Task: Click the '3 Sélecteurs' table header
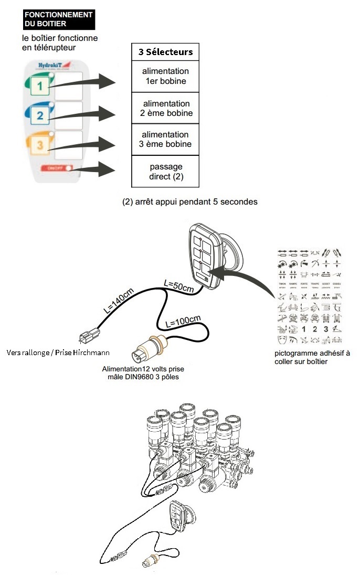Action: [x=165, y=52]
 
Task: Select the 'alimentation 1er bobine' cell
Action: [x=165, y=76]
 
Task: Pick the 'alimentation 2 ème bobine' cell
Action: [x=165, y=108]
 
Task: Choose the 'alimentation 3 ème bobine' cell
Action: [x=165, y=139]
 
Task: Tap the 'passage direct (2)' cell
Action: [x=165, y=172]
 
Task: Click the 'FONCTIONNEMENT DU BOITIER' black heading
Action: [x=59, y=19]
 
